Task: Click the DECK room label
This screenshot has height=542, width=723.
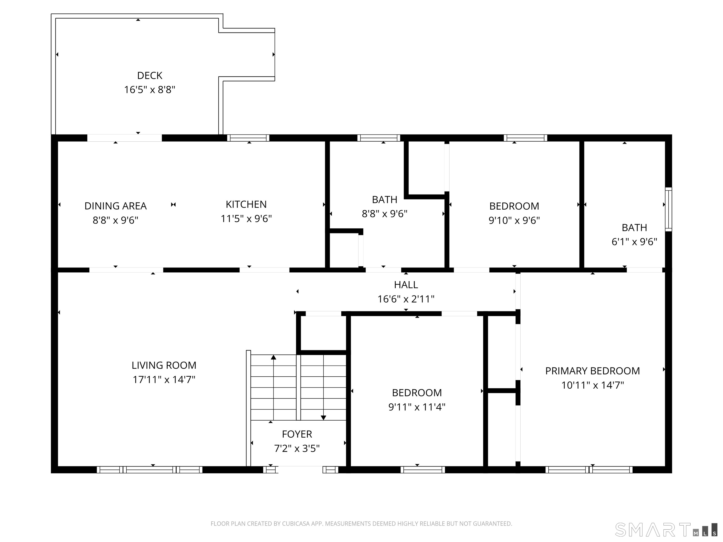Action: click(x=150, y=76)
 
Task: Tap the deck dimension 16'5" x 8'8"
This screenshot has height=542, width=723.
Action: click(x=150, y=90)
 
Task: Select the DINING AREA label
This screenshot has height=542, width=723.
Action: click(x=115, y=206)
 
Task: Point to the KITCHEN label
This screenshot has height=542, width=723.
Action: click(x=246, y=204)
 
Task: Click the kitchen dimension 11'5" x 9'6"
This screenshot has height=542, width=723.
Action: click(x=246, y=219)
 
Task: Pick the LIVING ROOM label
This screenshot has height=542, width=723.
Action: click(x=164, y=365)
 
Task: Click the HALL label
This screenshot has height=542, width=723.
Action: click(x=406, y=285)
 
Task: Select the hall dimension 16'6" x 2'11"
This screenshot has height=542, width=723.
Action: click(x=406, y=299)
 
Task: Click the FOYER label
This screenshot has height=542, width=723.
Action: click(x=297, y=434)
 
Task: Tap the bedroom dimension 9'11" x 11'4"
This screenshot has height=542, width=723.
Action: click(x=417, y=407)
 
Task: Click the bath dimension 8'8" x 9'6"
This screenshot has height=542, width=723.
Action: click(x=384, y=214)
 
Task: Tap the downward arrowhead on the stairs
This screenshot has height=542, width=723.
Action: click(x=323, y=418)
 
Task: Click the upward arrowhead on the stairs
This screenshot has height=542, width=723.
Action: click(x=273, y=357)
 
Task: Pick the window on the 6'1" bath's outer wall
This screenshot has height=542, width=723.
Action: click(x=668, y=209)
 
